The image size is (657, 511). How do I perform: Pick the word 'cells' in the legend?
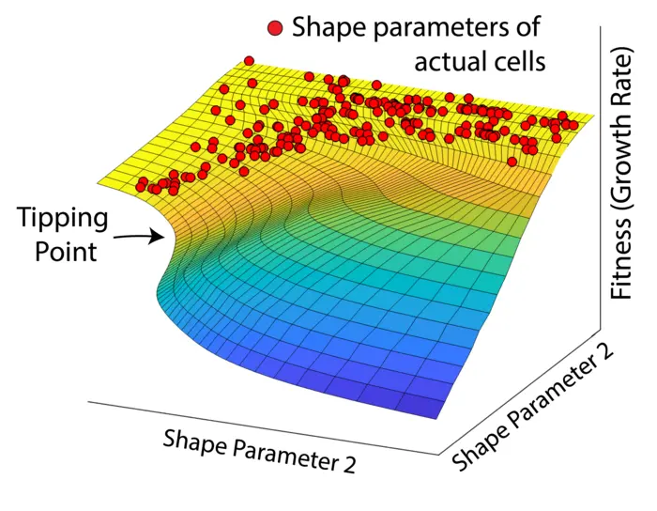tap(522, 62)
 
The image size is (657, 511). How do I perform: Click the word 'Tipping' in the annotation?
tap(62, 222)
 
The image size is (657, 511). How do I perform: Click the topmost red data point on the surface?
tap(249, 61)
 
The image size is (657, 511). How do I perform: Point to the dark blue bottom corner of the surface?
tap(434, 414)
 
